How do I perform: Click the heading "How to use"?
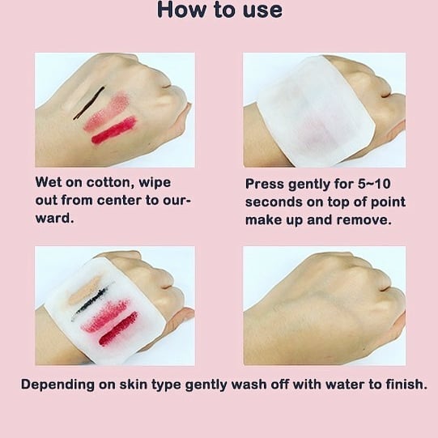click(219, 10)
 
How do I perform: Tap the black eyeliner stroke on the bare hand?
click(89, 103)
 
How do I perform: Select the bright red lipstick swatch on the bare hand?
click(114, 130)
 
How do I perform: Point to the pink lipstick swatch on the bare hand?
click(107, 112)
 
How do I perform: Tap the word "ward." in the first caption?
click(55, 219)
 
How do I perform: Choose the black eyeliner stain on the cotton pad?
click(89, 302)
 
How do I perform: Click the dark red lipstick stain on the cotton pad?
click(118, 329)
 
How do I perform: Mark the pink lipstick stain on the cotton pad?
click(105, 316)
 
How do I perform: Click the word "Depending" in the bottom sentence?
click(57, 385)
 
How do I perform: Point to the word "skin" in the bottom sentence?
click(134, 385)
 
